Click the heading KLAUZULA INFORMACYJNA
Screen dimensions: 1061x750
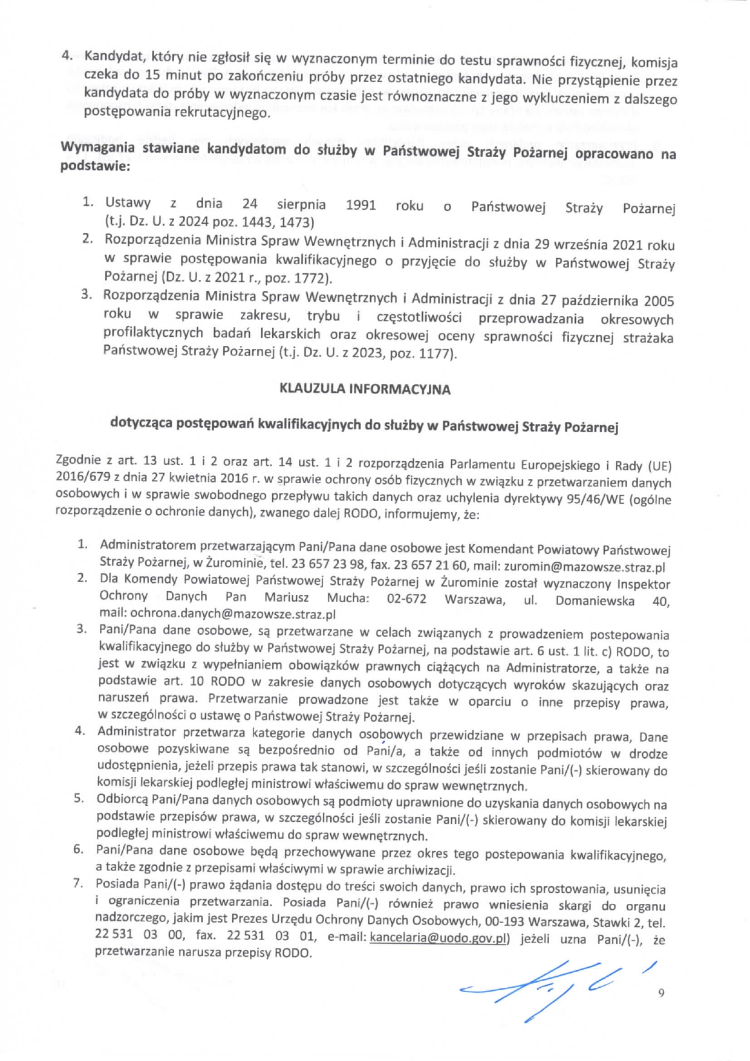365,389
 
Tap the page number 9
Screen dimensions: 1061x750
661,993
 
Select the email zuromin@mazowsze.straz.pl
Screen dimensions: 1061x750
584,568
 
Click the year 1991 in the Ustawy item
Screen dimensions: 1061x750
360,205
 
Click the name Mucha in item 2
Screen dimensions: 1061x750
347,598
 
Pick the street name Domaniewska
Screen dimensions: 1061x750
595,600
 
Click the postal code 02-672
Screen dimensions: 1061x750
406,599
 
